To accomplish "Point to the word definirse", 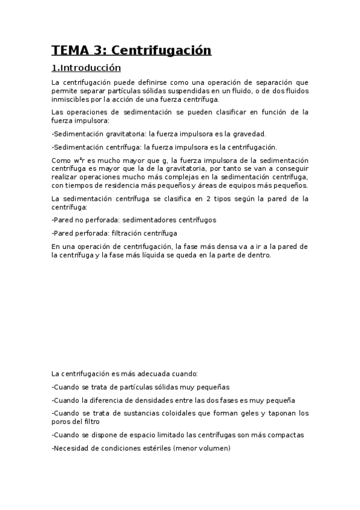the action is (x=150, y=82).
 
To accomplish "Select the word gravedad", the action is (x=247, y=134).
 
